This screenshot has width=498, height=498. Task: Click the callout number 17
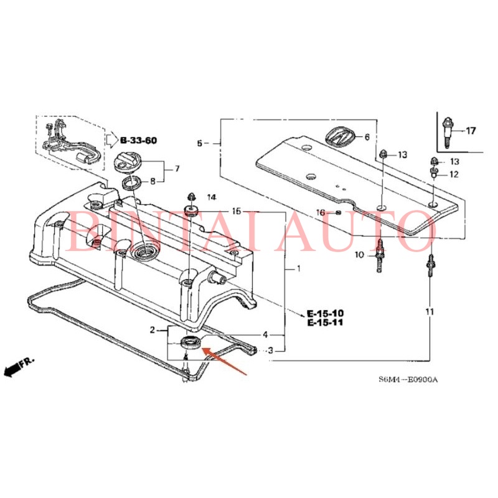[470, 131]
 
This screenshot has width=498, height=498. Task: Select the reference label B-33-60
[139, 140]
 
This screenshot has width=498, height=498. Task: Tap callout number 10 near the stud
[359, 255]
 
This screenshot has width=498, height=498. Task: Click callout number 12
[453, 175]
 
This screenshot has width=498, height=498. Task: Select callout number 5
[200, 143]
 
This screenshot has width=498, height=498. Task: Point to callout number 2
[152, 329]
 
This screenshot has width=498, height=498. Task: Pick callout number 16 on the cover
[320, 212]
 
